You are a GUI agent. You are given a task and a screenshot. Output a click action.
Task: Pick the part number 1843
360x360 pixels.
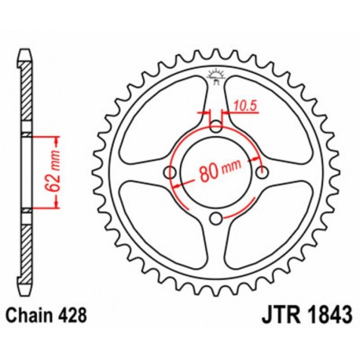coord(316,312)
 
